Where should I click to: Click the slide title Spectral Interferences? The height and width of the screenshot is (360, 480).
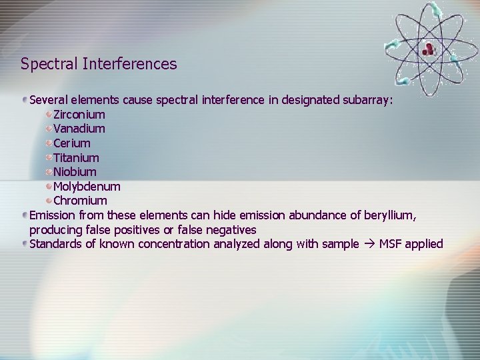(x=99, y=64)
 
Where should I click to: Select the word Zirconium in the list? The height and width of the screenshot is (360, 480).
(x=79, y=115)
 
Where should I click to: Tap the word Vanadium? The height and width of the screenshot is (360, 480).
(x=79, y=129)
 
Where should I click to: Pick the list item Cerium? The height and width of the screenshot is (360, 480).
(x=72, y=143)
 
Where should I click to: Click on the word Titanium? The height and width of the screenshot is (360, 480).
(x=76, y=158)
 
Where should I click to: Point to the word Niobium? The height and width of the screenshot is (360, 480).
(x=75, y=172)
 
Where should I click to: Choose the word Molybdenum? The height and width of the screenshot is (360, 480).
(x=87, y=187)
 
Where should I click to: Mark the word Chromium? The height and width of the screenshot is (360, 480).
(x=80, y=201)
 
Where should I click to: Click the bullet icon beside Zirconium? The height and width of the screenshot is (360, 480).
(x=49, y=115)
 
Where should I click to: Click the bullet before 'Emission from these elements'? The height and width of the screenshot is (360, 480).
(x=25, y=215)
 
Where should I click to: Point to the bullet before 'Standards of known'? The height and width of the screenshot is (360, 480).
(x=25, y=244)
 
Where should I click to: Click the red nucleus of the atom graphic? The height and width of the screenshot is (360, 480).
(x=427, y=48)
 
